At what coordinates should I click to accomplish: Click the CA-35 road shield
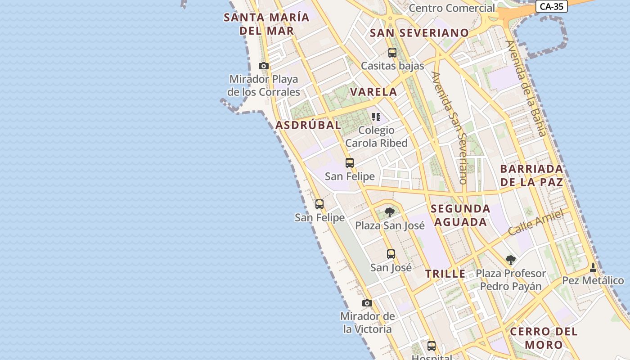[x=552, y=6]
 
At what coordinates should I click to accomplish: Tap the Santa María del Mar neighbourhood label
[x=267, y=24]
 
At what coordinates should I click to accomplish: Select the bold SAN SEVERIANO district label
[x=419, y=33]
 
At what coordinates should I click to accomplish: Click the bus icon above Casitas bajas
[x=392, y=53]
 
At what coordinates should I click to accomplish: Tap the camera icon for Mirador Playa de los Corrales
[x=264, y=66]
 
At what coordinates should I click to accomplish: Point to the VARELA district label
[x=373, y=92]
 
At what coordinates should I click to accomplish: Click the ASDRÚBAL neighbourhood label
[x=308, y=125]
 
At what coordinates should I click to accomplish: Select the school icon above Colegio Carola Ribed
[x=376, y=117]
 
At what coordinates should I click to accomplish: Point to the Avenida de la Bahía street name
[x=526, y=88]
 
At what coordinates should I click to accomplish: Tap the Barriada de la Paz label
[x=531, y=175]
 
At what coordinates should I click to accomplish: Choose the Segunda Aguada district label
[x=460, y=215]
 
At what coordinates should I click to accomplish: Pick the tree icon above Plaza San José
[x=390, y=212]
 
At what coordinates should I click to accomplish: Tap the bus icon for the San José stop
[x=391, y=254]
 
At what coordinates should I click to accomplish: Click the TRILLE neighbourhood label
[x=445, y=274]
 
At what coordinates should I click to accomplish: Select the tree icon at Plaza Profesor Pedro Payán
[x=510, y=260]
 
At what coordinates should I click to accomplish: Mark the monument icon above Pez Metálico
[x=593, y=267]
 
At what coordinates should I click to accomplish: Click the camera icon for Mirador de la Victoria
[x=367, y=303]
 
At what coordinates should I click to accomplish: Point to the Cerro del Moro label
[x=544, y=338]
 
